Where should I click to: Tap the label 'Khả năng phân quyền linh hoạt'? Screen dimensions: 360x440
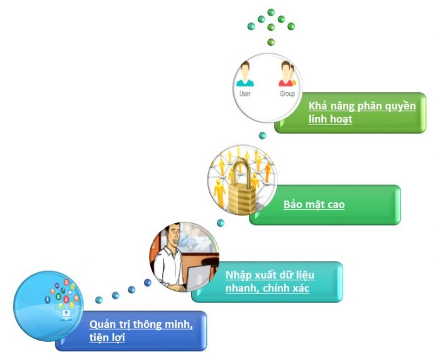click(x=362, y=112)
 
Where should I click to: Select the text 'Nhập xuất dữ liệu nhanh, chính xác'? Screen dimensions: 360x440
click(x=270, y=282)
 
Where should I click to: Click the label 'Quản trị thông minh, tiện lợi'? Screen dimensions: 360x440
click(x=140, y=330)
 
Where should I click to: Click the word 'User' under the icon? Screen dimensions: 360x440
click(x=245, y=94)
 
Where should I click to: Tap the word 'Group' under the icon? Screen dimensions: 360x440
click(x=287, y=94)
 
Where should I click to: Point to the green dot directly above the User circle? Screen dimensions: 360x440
click(x=271, y=42)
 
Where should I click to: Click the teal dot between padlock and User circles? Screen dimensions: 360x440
click(x=263, y=136)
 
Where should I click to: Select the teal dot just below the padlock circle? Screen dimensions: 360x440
click(x=221, y=223)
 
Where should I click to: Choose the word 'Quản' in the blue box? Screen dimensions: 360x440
click(x=101, y=324)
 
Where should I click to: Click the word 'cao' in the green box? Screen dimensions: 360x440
click(x=335, y=205)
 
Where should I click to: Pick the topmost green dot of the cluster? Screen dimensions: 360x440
click(x=271, y=12)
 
